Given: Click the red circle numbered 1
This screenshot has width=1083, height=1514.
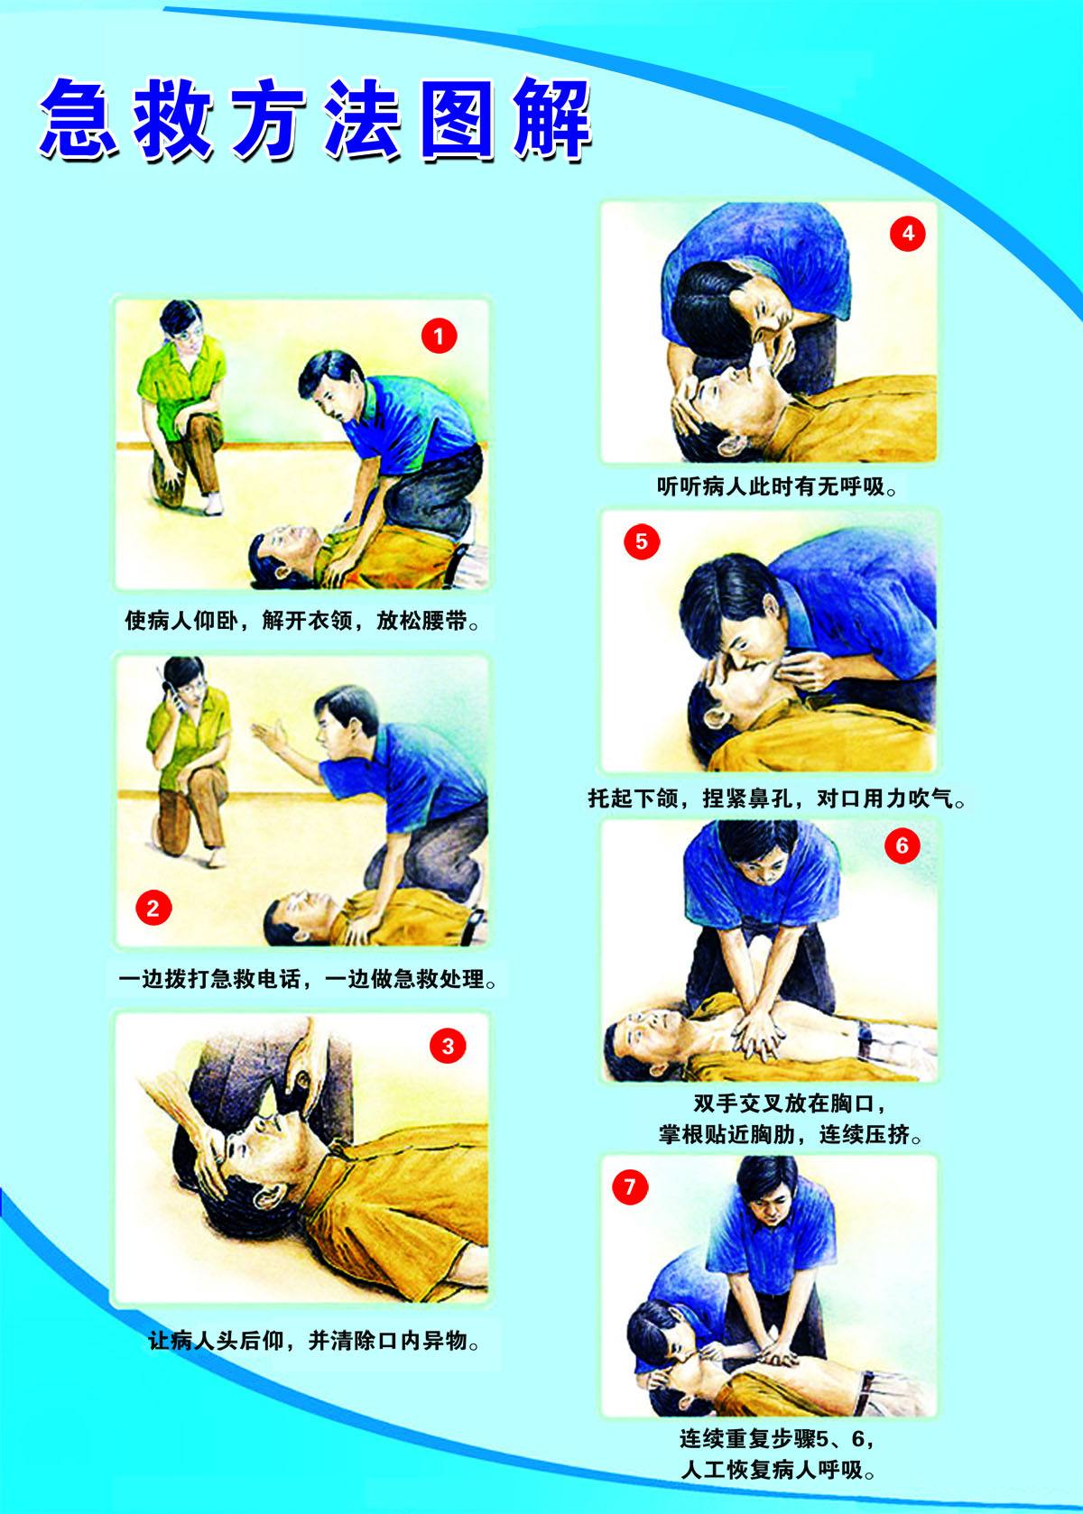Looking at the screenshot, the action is [x=439, y=336].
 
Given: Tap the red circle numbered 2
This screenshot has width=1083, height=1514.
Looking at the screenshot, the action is [x=153, y=908].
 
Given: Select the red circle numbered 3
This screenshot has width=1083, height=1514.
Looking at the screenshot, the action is [x=448, y=1047].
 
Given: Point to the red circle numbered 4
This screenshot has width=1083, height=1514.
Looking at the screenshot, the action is [x=908, y=233].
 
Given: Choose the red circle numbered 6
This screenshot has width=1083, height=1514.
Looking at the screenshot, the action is [x=902, y=845].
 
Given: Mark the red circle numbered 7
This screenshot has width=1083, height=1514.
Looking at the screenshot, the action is [x=630, y=1186].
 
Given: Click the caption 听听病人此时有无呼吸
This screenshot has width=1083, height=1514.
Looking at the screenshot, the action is [x=777, y=486].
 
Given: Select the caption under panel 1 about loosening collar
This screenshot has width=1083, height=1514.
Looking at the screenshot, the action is [x=302, y=621].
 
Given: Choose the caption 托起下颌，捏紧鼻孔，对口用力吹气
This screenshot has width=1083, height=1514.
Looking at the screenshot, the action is [x=777, y=799].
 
